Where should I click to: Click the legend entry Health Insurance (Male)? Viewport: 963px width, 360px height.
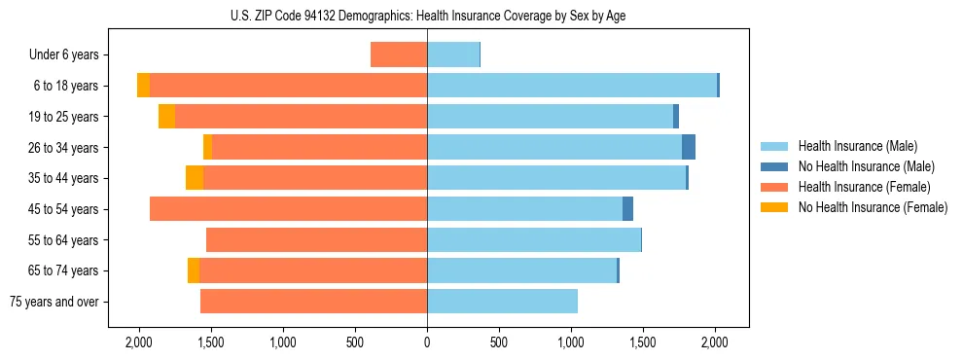click(x=857, y=146)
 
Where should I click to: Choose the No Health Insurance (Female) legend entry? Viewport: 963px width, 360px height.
click(x=873, y=207)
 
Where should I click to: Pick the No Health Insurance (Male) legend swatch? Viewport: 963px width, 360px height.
click(x=773, y=166)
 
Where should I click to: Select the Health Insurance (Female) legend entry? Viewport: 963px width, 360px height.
click(x=864, y=187)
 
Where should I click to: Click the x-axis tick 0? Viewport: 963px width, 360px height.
click(x=427, y=342)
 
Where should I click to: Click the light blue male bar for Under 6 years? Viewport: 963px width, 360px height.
click(x=452, y=54)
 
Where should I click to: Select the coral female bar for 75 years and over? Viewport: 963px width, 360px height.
click(x=313, y=302)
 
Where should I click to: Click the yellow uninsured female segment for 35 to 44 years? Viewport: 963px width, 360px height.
click(x=195, y=178)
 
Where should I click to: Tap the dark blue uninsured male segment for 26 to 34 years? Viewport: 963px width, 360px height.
click(x=689, y=147)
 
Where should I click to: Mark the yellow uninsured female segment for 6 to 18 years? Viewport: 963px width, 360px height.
click(x=144, y=86)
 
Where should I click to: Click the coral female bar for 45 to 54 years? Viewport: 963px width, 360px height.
click(x=288, y=209)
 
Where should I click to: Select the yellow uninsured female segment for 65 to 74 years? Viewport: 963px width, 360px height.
click(x=194, y=270)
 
